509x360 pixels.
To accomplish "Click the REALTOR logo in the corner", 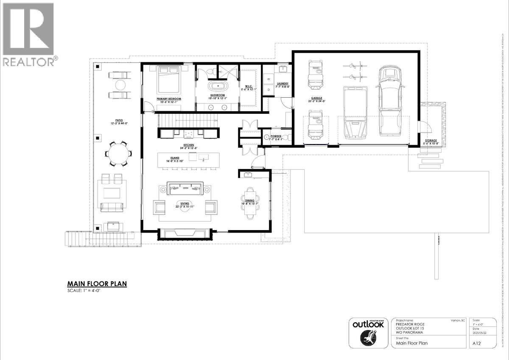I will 28,34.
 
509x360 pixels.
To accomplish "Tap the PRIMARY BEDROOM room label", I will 169,99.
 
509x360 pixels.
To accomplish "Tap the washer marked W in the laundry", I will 268,79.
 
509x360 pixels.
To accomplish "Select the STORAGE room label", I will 431,140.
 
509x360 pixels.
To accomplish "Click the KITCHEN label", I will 189,145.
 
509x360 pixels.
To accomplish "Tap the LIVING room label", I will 185,204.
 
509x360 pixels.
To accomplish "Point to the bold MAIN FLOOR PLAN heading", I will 97,284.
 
